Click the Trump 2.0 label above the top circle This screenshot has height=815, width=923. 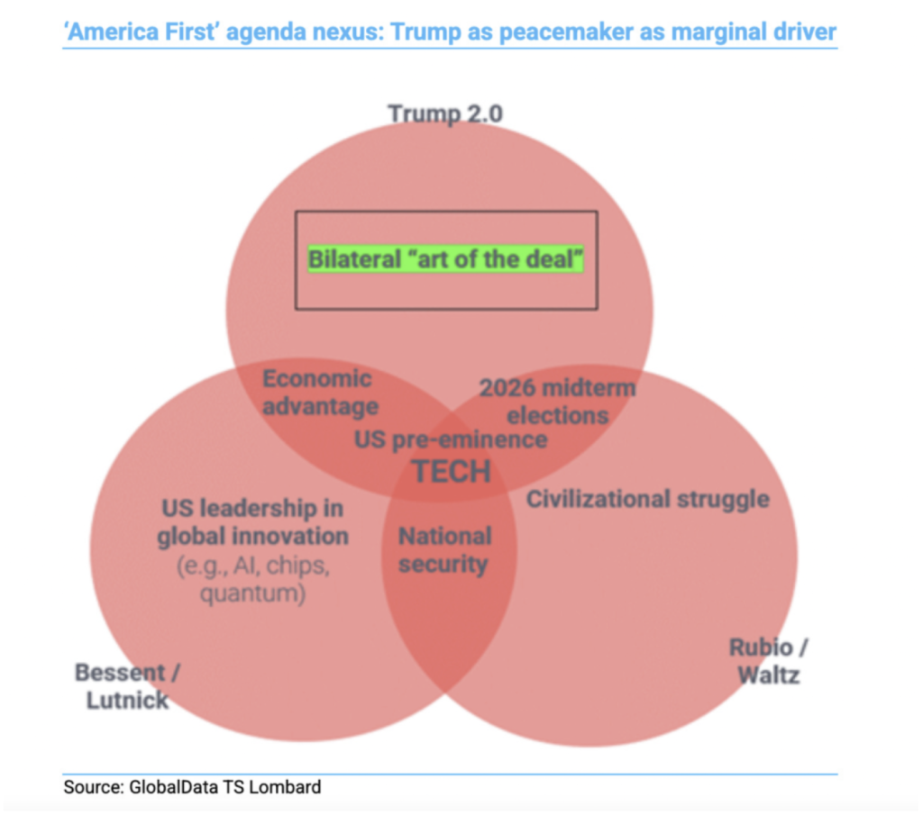pyautogui.click(x=445, y=113)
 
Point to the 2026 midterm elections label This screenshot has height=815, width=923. pyautogui.click(x=557, y=402)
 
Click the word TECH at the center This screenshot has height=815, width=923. pyautogui.click(x=451, y=470)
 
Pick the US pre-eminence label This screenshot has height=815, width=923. pyautogui.click(x=451, y=439)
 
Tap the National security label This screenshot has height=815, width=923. pyautogui.click(x=444, y=550)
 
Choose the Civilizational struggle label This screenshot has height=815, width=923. pyautogui.click(x=647, y=498)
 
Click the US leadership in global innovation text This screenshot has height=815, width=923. pyautogui.click(x=252, y=522)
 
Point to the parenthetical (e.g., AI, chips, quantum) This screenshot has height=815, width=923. pyautogui.click(x=252, y=581)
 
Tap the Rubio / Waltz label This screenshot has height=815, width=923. pyautogui.click(x=769, y=660)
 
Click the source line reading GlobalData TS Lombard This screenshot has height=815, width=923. pyautogui.click(x=192, y=787)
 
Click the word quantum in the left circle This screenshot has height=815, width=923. pyautogui.click(x=252, y=594)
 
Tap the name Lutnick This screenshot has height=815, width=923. pyautogui.click(x=127, y=700)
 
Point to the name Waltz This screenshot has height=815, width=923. pyautogui.click(x=768, y=675)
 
